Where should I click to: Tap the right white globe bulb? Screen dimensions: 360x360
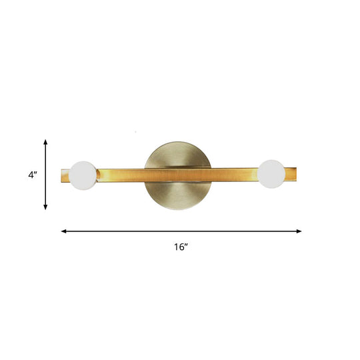point(272,173)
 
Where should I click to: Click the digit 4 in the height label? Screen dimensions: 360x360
point(30,175)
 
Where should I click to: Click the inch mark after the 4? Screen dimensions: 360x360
point(35,173)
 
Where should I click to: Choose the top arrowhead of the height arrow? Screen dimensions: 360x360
point(45,142)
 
